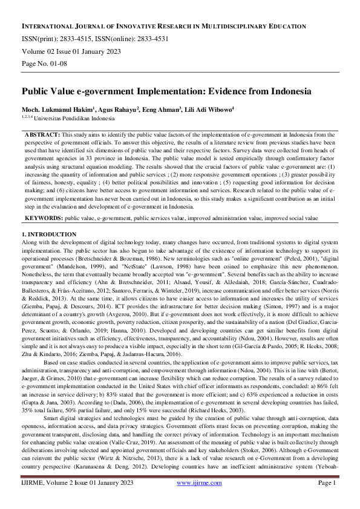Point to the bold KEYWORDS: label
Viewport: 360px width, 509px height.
coord(44,216)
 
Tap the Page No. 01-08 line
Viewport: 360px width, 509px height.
coord(47,63)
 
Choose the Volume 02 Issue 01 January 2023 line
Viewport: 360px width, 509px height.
coord(68,51)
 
